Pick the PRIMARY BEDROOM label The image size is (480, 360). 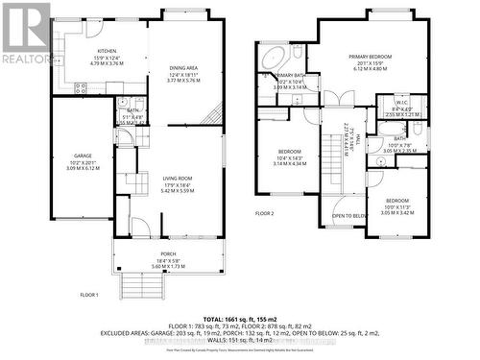click(372, 57)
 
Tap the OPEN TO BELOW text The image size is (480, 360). click(350, 216)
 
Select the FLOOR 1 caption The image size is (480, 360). click(92, 296)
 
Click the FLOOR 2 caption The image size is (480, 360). click(265, 213)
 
